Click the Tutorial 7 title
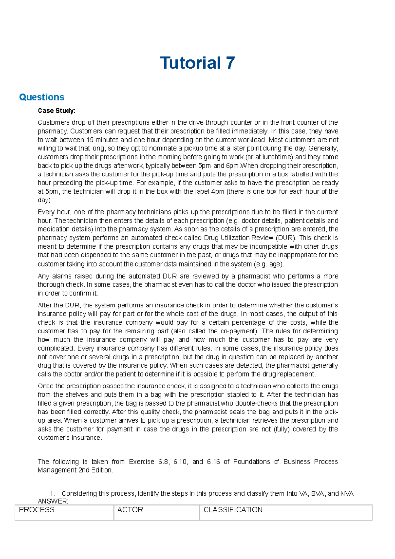197,63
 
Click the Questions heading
41,97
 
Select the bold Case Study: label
57,111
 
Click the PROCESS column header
37,510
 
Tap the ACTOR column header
130,510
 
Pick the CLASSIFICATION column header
233,510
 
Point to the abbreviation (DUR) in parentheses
286,238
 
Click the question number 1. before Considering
52,493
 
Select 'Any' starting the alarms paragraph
43,276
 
